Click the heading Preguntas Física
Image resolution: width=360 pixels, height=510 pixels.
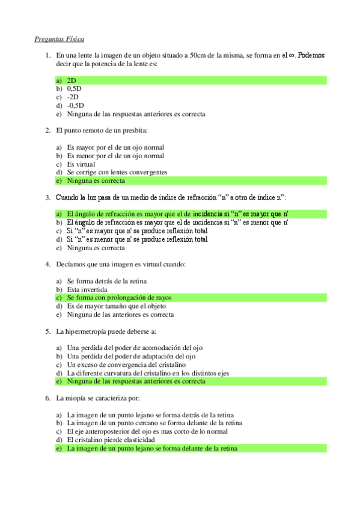tap(58, 39)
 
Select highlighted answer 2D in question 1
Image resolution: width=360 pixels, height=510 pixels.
tap(72, 80)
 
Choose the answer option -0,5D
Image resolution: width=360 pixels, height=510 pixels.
tap(75, 105)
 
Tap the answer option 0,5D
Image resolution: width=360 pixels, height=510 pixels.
tap(74, 88)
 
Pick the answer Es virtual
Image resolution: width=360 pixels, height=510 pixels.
tap(81, 164)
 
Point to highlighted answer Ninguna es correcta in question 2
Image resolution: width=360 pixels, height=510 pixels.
tap(96, 180)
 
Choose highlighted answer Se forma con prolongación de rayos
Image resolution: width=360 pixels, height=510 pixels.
tap(118, 298)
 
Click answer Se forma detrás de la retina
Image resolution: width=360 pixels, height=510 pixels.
tap(106, 281)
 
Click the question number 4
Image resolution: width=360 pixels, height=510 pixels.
tap(47, 264)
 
